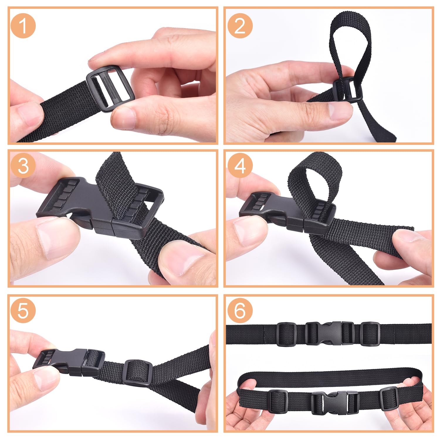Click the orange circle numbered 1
[x=23, y=26]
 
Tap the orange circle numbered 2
[x=240, y=26]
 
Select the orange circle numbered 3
[x=23, y=165]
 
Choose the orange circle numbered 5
[x=23, y=310]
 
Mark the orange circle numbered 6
[x=240, y=310]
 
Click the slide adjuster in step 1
[x=110, y=90]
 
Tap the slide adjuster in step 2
[x=348, y=89]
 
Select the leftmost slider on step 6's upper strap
[x=287, y=334]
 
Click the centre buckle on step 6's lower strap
[x=335, y=402]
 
